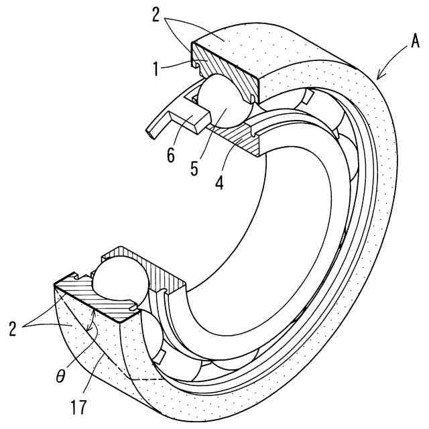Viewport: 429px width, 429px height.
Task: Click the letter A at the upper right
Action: pyautogui.click(x=415, y=44)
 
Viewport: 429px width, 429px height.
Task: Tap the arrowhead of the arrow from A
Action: pyautogui.click(x=379, y=76)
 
